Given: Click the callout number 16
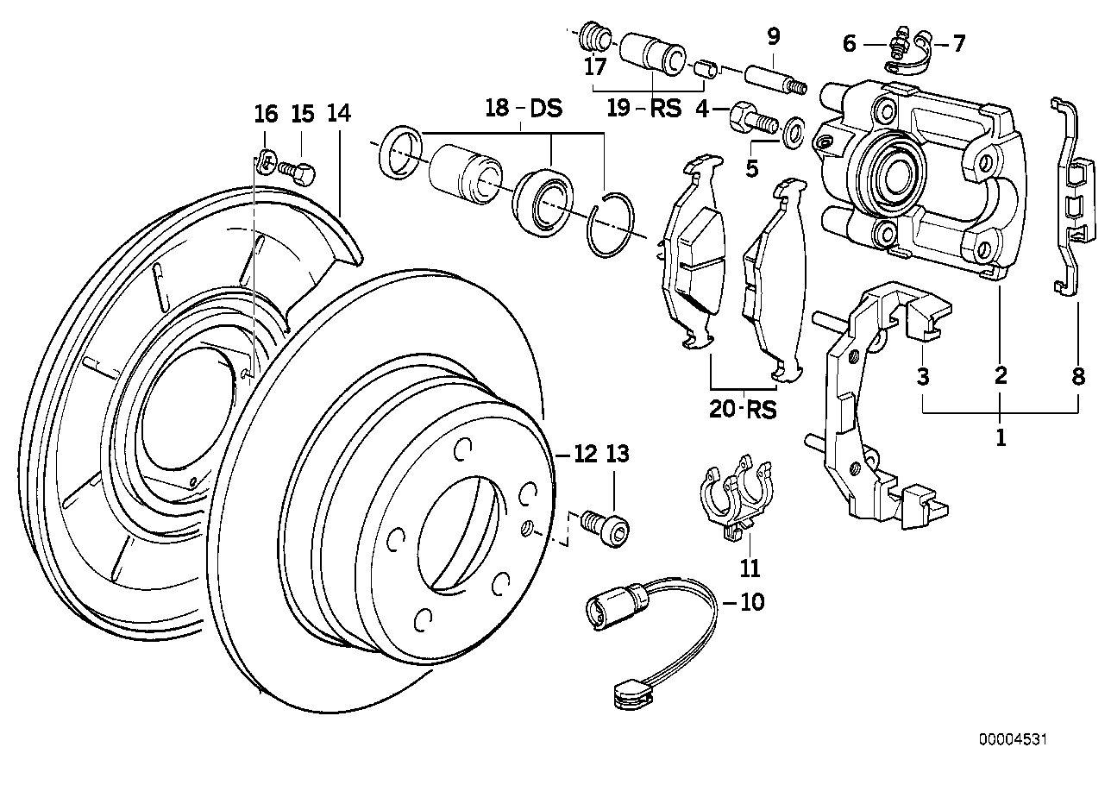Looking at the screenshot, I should tap(267, 113).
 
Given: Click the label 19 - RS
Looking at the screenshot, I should tap(643, 109).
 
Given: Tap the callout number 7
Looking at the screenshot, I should tap(959, 43).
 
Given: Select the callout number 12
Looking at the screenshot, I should tap(586, 454).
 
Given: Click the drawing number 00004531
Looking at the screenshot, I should tap(1014, 739).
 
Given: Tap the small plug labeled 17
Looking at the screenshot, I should tap(593, 38).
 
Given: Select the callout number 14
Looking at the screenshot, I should tap(339, 113).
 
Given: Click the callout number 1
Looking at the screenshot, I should tap(1001, 437).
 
